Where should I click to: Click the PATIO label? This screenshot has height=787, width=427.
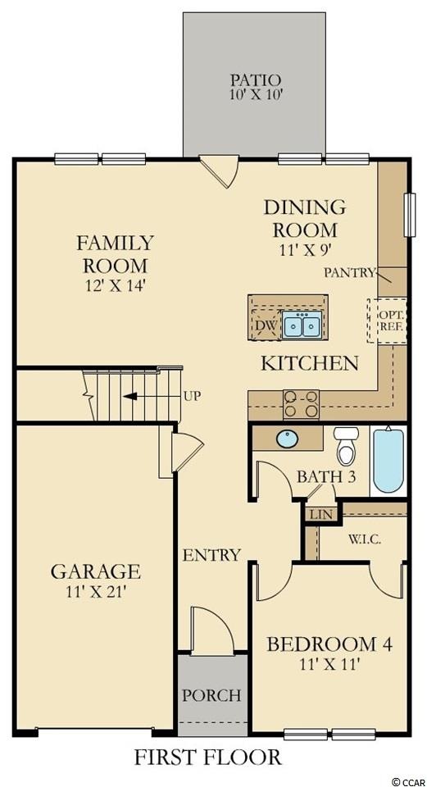(255, 80)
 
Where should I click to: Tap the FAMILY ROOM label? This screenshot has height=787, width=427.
(115, 253)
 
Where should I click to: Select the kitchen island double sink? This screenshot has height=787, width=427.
(302, 324)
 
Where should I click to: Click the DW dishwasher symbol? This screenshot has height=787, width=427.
(266, 325)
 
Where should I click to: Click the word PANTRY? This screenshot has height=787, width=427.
(349, 272)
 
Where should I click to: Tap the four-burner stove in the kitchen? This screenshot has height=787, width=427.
(302, 403)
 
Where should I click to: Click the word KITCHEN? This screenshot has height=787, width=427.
(310, 363)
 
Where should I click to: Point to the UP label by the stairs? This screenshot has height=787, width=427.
(193, 396)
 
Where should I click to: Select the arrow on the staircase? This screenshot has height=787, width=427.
(141, 396)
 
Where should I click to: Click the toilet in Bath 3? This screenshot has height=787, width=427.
(344, 446)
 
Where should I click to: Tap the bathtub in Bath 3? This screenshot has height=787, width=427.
(388, 460)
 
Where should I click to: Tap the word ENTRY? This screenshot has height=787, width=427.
(211, 555)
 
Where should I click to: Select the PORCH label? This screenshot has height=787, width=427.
(211, 696)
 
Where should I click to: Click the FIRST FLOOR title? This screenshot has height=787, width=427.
(207, 757)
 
